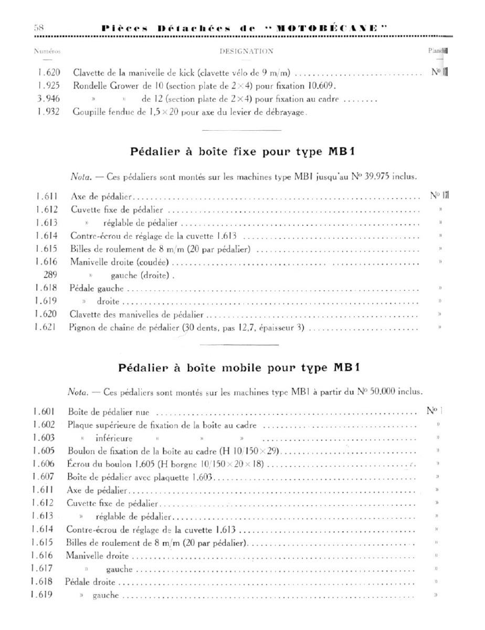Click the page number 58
point(38,28)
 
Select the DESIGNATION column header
point(246,51)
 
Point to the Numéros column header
point(47,51)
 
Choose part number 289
point(44,275)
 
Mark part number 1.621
point(47,329)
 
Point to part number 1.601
point(45,412)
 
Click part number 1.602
point(45,425)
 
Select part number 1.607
point(45,477)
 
